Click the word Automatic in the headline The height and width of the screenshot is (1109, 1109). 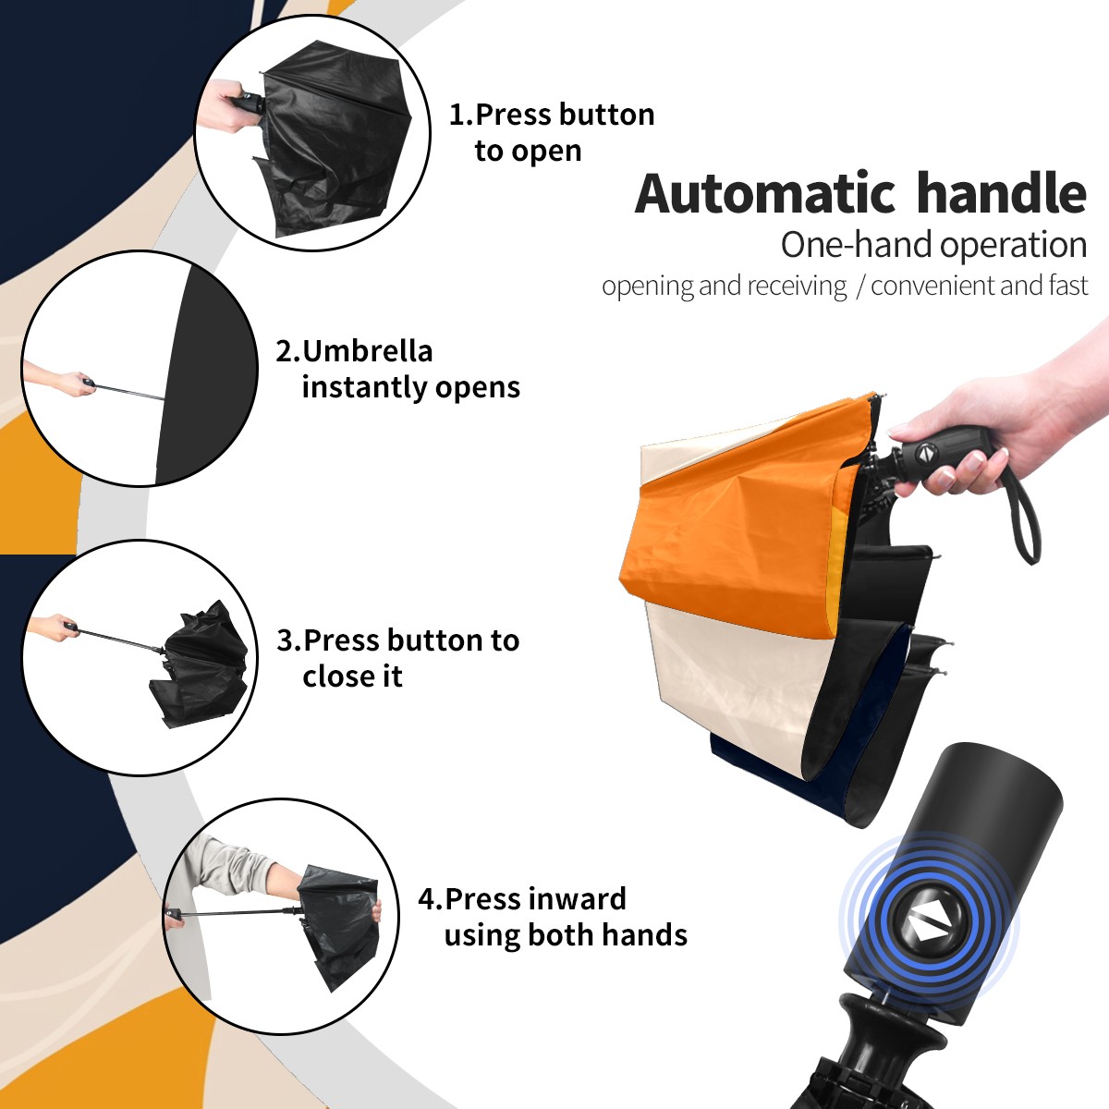click(x=765, y=194)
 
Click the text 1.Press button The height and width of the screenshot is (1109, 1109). click(x=552, y=115)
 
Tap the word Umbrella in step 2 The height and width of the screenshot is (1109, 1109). click(x=367, y=351)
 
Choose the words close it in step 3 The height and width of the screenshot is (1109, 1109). click(x=352, y=676)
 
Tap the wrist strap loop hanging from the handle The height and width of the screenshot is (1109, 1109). click(x=1021, y=511)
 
